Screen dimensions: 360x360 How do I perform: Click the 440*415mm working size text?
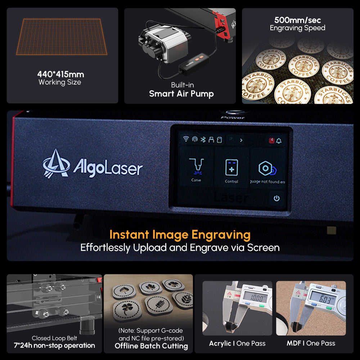[60, 75]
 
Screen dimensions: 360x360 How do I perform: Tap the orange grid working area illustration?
[62, 37]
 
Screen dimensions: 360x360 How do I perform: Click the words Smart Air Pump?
[181, 94]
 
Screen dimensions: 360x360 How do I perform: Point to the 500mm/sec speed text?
[297, 20]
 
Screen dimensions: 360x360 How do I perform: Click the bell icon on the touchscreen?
[279, 140]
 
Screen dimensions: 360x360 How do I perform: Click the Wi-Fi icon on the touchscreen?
[186, 140]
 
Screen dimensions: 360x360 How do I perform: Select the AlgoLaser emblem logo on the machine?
[56, 163]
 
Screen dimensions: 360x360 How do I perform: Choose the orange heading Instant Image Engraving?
[180, 235]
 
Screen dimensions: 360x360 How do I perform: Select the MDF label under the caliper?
[294, 343]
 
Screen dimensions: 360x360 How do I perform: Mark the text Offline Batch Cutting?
[151, 346]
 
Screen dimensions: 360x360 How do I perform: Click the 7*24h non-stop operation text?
[54, 346]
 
